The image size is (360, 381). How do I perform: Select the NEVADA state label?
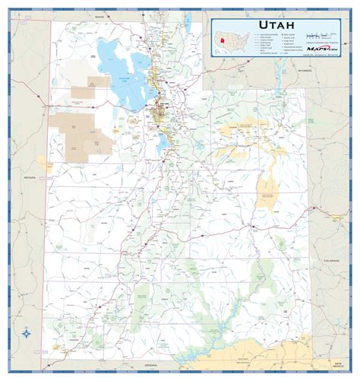(30, 177)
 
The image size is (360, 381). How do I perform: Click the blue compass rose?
(28, 332)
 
